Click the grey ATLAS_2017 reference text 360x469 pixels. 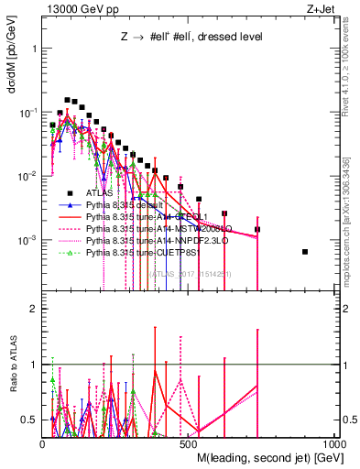(190, 273)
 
